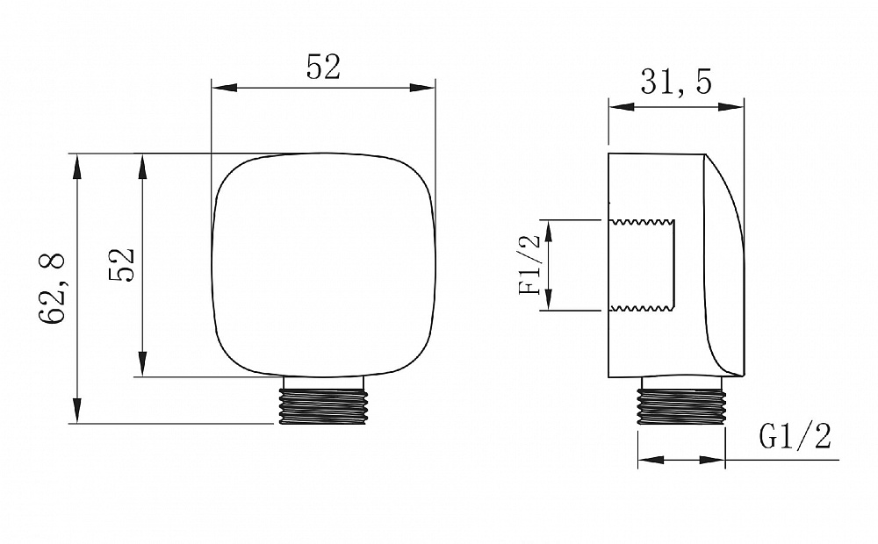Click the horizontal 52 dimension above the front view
coord(323,68)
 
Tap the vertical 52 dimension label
coord(121,265)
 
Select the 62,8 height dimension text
coord(52,289)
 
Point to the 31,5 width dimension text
coord(676,82)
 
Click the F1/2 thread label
coord(530,265)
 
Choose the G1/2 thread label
coord(795,436)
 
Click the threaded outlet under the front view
coord(324,400)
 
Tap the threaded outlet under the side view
coord(681,401)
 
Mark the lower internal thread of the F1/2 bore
coord(643,307)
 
